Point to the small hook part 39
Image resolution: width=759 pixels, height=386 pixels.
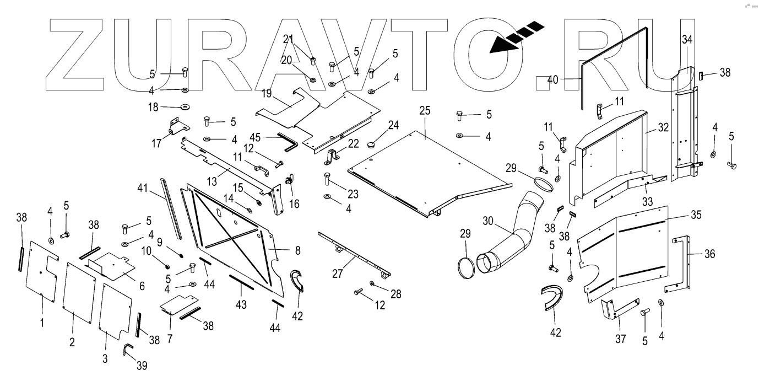[127, 349]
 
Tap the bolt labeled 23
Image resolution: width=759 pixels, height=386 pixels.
[326, 178]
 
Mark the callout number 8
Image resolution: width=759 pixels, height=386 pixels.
[298, 250]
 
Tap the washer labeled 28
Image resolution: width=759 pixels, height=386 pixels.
[373, 283]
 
